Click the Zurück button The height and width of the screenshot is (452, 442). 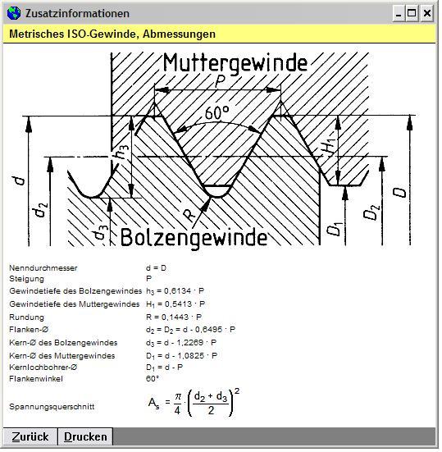click(x=30, y=436)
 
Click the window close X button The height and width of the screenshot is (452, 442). click(x=426, y=13)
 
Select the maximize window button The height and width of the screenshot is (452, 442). click(x=412, y=13)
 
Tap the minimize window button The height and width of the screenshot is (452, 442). click(x=399, y=13)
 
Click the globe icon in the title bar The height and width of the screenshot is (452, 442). click(x=14, y=13)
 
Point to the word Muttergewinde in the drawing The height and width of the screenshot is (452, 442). click(x=235, y=63)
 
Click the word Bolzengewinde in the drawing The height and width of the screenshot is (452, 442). click(x=194, y=238)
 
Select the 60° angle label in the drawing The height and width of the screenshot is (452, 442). click(x=217, y=112)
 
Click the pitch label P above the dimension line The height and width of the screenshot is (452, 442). click(x=220, y=81)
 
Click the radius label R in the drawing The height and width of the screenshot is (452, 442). click(x=189, y=216)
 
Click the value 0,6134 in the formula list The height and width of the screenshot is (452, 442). click(x=177, y=291)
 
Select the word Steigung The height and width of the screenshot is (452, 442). click(x=26, y=279)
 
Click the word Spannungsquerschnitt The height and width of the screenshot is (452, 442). click(x=52, y=406)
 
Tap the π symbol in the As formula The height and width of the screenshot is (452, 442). click(x=178, y=397)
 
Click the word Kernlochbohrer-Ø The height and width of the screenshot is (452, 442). click(x=43, y=368)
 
